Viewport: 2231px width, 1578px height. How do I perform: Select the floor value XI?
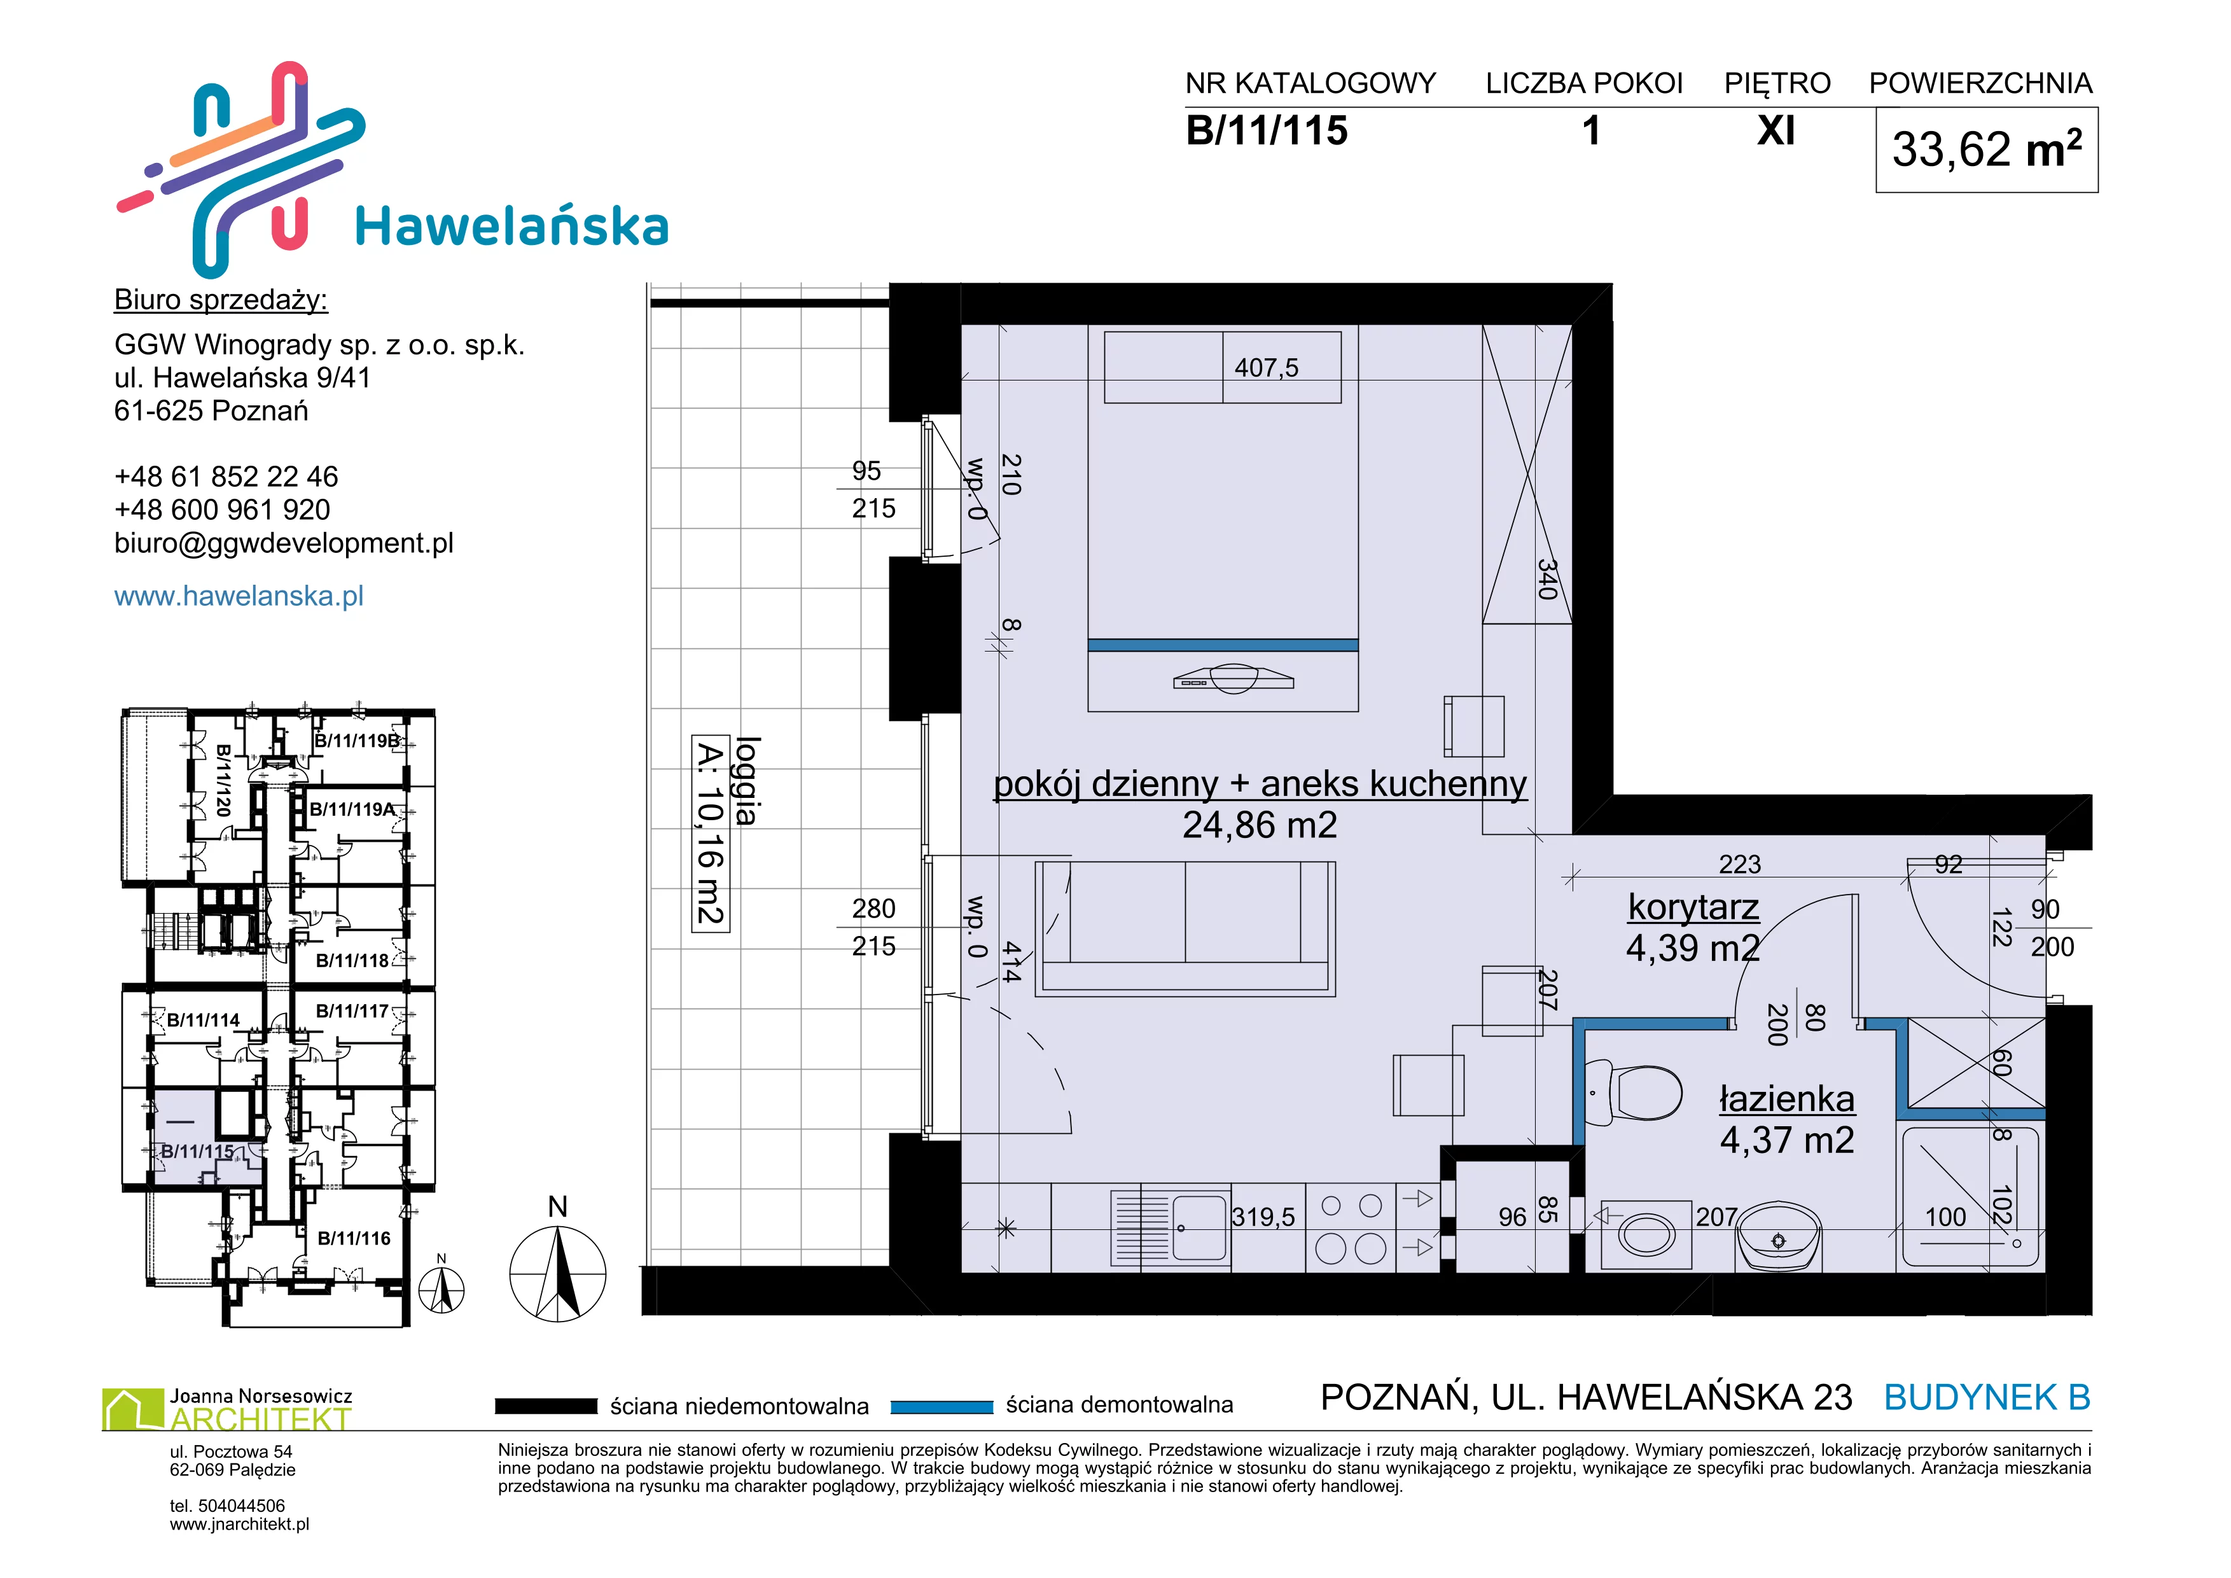point(1776,130)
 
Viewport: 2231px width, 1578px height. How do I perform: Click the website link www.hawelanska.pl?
point(239,596)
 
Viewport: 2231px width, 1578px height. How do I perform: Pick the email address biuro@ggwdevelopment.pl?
point(284,543)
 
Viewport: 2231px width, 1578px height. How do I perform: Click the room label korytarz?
point(1693,907)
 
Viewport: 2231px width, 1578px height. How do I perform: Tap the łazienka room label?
point(1787,1099)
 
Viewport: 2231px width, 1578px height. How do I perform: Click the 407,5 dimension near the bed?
point(1266,367)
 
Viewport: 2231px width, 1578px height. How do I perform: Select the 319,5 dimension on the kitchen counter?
point(1263,1217)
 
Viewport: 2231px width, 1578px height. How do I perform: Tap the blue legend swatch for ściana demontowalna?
point(942,1406)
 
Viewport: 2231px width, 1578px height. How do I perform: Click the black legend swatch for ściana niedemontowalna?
point(546,1406)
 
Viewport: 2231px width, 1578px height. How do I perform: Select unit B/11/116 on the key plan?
point(354,1238)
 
